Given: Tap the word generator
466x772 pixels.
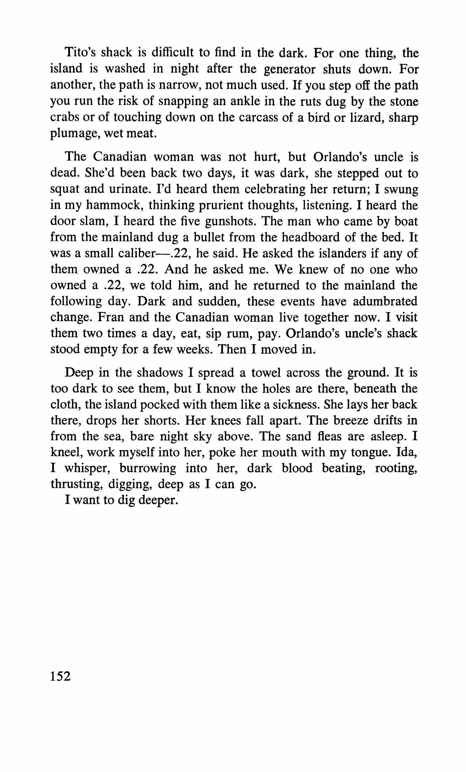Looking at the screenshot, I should pos(290,69).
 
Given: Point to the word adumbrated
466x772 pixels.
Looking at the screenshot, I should pos(385,301).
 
